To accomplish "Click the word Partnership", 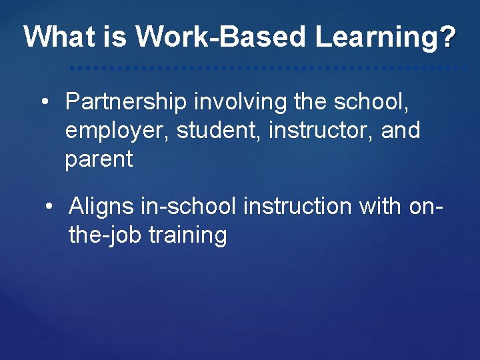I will click(126, 101).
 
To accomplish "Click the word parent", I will click(99, 159).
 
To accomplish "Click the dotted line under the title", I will click(267, 68).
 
